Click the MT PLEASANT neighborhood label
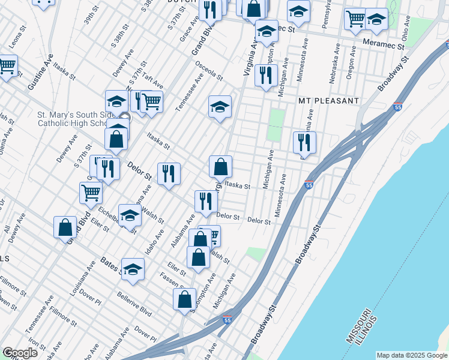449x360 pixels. click(328, 101)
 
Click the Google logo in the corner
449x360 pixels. click(20, 353)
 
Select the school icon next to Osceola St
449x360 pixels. click(220, 106)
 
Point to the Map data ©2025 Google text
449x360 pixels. click(411, 355)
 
